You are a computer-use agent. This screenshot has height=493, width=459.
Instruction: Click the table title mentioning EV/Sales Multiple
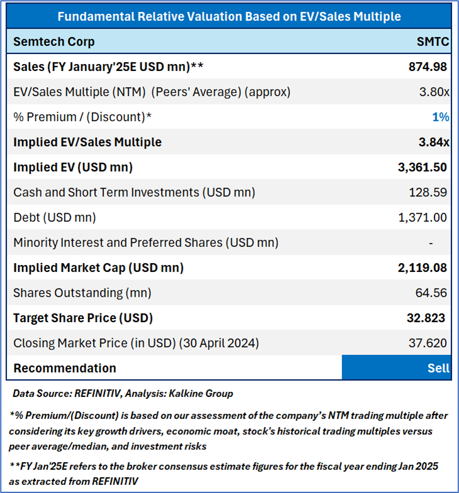(x=229, y=16)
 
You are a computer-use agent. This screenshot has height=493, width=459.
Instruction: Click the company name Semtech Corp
(x=54, y=41)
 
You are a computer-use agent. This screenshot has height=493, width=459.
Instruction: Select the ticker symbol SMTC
(x=433, y=41)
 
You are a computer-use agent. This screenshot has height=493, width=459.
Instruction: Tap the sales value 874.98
(x=427, y=67)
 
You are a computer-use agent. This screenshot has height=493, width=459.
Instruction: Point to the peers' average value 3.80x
(x=433, y=92)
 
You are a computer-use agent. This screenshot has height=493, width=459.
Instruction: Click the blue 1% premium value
(x=440, y=117)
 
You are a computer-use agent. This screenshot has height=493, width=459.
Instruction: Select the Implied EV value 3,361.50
(x=422, y=167)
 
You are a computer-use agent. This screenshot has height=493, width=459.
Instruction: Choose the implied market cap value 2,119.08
(x=422, y=268)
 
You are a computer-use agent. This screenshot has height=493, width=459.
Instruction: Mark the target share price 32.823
(x=426, y=318)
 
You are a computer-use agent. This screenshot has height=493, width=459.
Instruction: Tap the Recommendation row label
(x=65, y=368)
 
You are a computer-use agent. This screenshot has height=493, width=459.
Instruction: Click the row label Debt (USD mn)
(x=54, y=217)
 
